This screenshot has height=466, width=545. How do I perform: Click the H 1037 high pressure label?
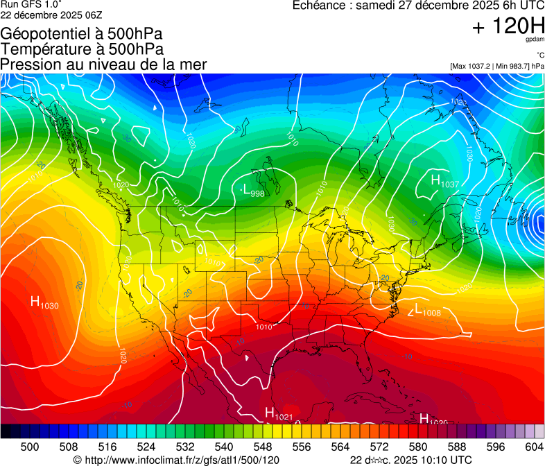[444, 181]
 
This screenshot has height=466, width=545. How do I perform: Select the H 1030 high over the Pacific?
[44, 302]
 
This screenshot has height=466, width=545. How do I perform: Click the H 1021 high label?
[279, 414]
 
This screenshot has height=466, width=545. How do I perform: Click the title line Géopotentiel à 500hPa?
[83, 34]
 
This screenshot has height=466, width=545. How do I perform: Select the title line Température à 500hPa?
[83, 49]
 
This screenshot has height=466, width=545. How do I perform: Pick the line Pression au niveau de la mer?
[104, 64]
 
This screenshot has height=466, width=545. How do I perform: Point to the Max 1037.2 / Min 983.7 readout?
[496, 66]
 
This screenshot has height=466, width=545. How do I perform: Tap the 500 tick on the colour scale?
[30, 447]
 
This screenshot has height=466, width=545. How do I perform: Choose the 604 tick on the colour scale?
[533, 447]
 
